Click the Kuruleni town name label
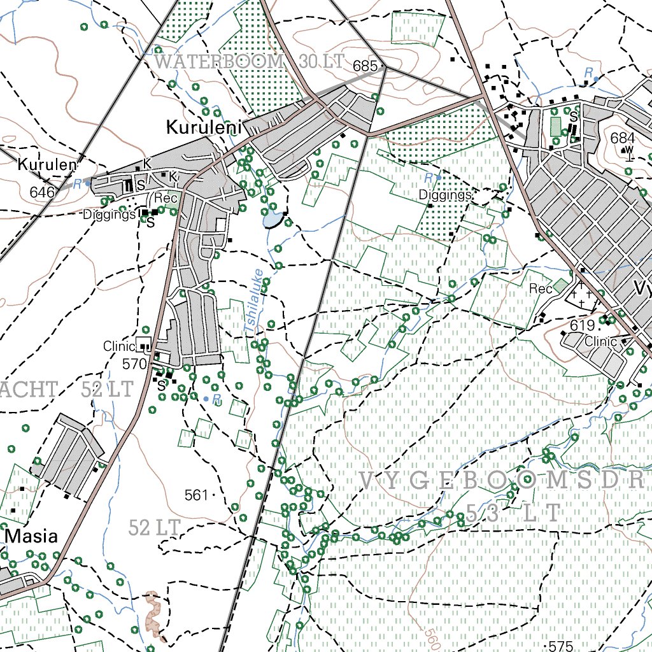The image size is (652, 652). point(205,127)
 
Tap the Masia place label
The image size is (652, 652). point(32,536)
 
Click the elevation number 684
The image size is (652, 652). point(622,138)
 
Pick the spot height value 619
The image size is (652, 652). point(582,326)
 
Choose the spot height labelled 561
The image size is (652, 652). point(197,495)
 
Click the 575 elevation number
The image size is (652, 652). point(560,646)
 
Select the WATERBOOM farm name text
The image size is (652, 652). point(219,62)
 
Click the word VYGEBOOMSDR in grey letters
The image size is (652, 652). point(503,481)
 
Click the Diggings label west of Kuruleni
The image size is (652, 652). point(110,215)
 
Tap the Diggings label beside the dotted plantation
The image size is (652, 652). point(445,195)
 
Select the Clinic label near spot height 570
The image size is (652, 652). point(120,346)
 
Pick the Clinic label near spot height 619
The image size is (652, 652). point(600,341)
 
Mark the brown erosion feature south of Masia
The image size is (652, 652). point(153,614)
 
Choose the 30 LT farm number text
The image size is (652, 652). point(321,62)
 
